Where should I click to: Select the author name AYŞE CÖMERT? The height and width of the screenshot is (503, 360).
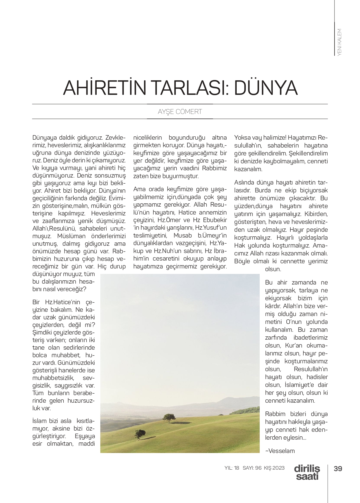click(x=180, y=112)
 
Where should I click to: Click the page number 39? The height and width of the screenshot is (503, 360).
click(x=338, y=468)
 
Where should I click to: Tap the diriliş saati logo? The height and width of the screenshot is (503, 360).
click(x=307, y=472)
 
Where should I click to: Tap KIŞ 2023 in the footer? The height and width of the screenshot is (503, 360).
click(x=274, y=468)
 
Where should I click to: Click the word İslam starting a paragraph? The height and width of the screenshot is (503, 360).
click(x=39, y=421)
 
